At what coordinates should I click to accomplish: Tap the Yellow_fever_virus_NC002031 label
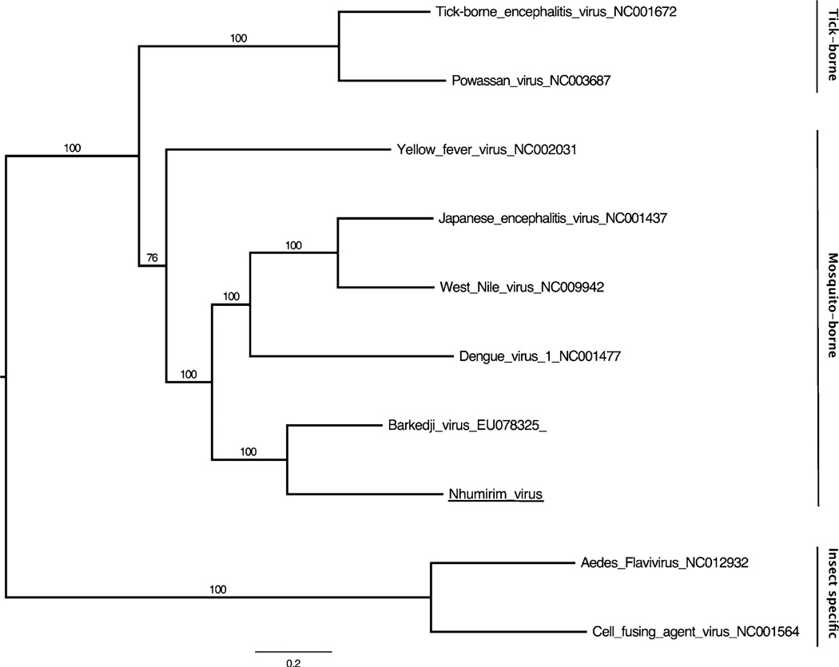point(487,149)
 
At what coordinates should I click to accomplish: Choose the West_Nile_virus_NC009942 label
point(521,287)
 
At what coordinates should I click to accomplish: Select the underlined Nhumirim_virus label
point(495,494)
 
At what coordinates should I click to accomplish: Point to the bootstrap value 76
point(152,257)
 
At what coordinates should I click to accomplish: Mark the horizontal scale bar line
point(293,652)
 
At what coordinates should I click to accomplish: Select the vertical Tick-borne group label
point(831,46)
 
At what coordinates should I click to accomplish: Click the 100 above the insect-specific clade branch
point(218,590)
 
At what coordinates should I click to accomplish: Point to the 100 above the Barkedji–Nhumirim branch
point(248,451)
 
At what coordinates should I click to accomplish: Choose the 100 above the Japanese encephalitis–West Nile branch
point(293,245)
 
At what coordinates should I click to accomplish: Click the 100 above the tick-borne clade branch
point(239,38)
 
